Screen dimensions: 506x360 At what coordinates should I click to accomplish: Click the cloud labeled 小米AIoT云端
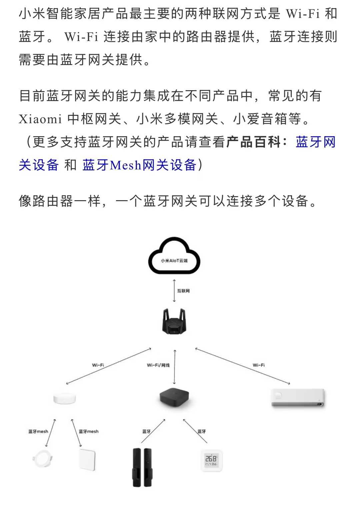[174, 257]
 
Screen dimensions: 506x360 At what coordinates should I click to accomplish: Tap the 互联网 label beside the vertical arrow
[183, 291]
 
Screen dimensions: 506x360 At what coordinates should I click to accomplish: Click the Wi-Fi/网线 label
[158, 365]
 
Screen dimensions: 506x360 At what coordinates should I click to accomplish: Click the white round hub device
[65, 398]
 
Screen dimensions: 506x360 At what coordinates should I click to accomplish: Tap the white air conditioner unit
[298, 398]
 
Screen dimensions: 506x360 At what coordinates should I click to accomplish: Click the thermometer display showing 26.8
[211, 461]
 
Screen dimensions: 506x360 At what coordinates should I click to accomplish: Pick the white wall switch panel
[87, 460]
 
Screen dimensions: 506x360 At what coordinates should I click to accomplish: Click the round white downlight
[42, 459]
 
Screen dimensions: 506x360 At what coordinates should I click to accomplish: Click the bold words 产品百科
[254, 142]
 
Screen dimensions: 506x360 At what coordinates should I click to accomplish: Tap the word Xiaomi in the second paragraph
[40, 119]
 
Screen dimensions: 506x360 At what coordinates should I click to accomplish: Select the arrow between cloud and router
[174, 291]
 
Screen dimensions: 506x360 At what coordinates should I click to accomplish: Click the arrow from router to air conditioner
[242, 366]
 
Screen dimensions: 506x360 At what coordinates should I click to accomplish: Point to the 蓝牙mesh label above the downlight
[38, 432]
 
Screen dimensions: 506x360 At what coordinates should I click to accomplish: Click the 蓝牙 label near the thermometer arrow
[202, 432]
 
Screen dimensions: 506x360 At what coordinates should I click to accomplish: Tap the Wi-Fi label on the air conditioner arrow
[259, 365]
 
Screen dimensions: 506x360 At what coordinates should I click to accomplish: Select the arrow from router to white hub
[109, 366]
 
